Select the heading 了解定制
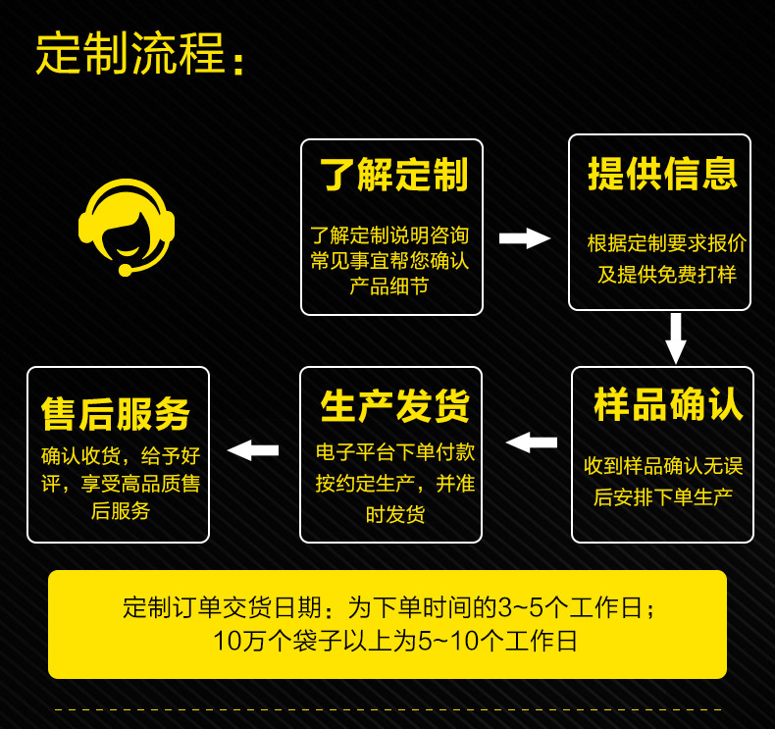click(x=393, y=176)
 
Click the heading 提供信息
click(x=662, y=174)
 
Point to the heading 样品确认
click(x=668, y=404)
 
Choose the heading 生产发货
click(x=394, y=405)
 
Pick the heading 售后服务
click(x=116, y=414)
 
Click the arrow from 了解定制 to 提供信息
click(x=525, y=238)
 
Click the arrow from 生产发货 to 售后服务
click(x=253, y=450)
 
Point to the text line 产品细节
click(x=388, y=286)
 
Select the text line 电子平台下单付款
click(x=394, y=452)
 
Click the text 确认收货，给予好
click(x=120, y=455)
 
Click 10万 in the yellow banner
click(x=234, y=642)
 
